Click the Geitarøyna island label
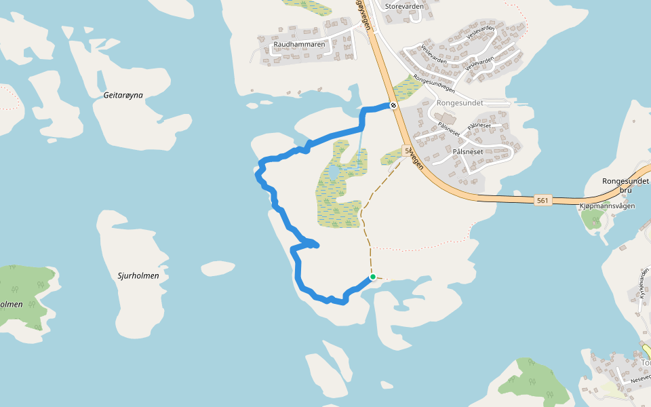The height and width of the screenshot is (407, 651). (x=123, y=95)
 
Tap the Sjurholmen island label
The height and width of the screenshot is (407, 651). (x=138, y=275)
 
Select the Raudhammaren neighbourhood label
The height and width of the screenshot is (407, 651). (x=299, y=45)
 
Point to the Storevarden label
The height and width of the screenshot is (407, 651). (x=404, y=6)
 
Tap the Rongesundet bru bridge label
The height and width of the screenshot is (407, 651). (x=626, y=186)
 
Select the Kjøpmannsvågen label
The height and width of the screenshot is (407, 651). (x=608, y=206)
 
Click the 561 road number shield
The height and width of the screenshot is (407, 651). (x=542, y=200)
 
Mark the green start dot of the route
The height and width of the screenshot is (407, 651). (x=373, y=277)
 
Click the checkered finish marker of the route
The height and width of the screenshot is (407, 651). (x=393, y=105)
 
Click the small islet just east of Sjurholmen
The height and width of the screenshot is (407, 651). (x=218, y=268)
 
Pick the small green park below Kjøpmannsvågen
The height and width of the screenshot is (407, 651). (x=593, y=218)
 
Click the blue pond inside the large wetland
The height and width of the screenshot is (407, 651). (x=334, y=175)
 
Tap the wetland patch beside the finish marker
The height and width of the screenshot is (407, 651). (x=406, y=88)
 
